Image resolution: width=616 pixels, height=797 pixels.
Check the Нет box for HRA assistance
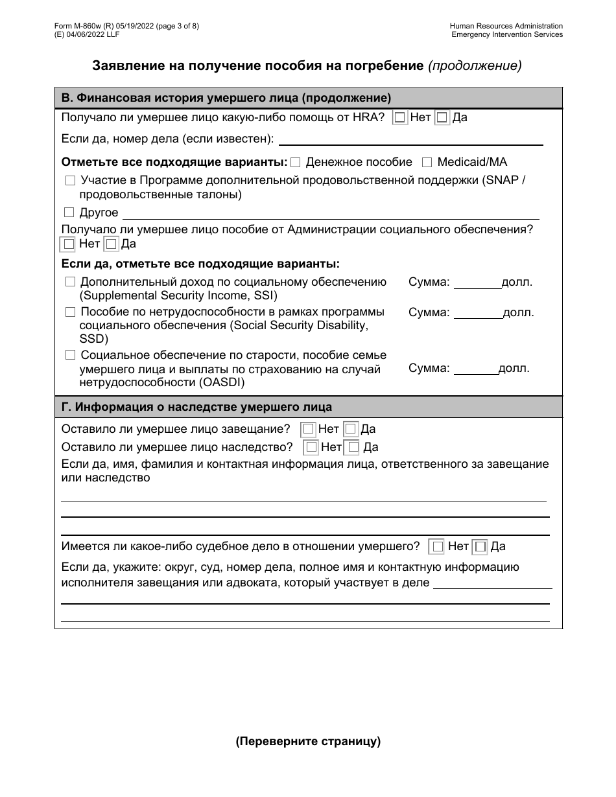400,118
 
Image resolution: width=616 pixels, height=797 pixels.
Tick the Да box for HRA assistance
442,118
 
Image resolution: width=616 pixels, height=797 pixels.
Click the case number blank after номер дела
410,139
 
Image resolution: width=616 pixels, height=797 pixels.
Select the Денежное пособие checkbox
296,162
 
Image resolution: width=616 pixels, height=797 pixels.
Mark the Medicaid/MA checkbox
427,162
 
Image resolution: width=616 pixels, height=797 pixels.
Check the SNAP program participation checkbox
70,181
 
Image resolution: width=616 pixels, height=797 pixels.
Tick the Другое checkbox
69,213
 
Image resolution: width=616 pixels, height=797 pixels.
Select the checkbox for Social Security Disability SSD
70,312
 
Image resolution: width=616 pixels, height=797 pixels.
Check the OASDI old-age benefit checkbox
70,355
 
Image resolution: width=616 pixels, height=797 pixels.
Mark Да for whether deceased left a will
350,429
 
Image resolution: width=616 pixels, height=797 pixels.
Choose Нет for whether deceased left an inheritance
312,446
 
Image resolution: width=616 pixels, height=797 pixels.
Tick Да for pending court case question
480,547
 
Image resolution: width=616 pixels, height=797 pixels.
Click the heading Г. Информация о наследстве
196,407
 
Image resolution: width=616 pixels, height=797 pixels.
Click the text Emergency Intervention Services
507,34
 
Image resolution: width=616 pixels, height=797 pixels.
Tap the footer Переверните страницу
308,742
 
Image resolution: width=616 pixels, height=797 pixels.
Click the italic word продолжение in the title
475,65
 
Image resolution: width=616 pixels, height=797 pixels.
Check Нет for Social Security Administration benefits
67,244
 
